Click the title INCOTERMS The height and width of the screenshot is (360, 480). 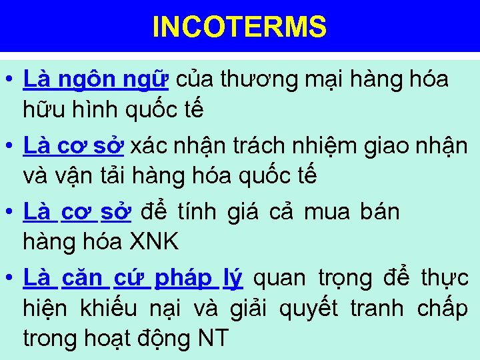(239, 27)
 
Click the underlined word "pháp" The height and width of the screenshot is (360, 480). (183, 277)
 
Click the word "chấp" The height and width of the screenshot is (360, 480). (443, 309)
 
